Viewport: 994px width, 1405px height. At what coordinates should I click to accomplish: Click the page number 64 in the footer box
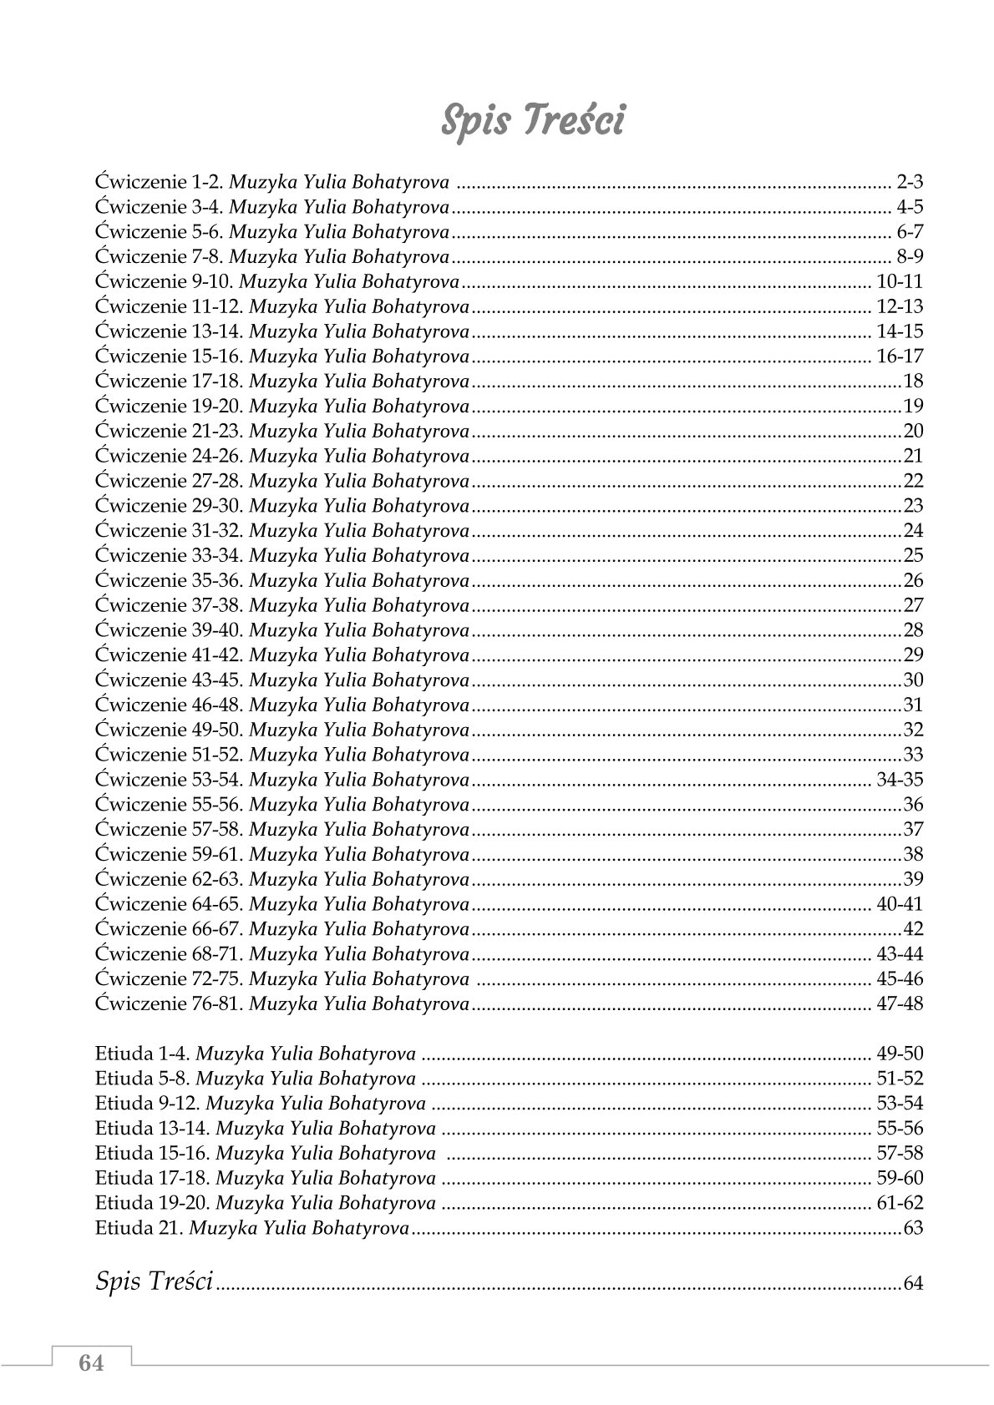pyautogui.click(x=91, y=1362)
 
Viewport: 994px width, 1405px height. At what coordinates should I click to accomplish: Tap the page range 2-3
pyautogui.click(x=910, y=181)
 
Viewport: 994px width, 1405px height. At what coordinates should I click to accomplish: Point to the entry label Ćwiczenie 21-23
pyautogui.click(x=170, y=431)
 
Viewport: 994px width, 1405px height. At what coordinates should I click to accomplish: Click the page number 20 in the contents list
pyautogui.click(x=913, y=431)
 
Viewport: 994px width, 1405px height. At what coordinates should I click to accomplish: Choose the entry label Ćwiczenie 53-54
pyautogui.click(x=170, y=780)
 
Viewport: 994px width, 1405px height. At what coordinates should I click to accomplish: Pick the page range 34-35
pyautogui.click(x=900, y=780)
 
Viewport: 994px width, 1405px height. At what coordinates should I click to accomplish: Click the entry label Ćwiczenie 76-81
pyautogui.click(x=170, y=1003)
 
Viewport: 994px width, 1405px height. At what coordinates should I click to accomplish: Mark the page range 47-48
pyautogui.click(x=900, y=1003)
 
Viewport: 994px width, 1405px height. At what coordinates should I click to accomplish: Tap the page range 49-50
pyautogui.click(x=900, y=1054)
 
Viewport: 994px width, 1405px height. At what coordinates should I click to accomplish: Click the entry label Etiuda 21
pyautogui.click(x=140, y=1228)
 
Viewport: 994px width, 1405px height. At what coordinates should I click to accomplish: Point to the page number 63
pyautogui.click(x=913, y=1228)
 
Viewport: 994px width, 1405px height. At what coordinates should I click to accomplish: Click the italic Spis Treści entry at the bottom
pyautogui.click(x=155, y=1281)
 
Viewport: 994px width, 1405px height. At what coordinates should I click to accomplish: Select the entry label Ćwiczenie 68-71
pyautogui.click(x=170, y=953)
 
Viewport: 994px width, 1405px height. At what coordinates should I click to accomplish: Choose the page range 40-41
pyautogui.click(x=900, y=904)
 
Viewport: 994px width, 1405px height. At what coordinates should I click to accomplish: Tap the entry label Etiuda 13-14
pyautogui.click(x=154, y=1129)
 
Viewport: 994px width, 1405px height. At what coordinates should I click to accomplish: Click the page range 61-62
pyautogui.click(x=900, y=1203)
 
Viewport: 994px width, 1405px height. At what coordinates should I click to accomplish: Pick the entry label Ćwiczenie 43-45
pyautogui.click(x=170, y=680)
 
